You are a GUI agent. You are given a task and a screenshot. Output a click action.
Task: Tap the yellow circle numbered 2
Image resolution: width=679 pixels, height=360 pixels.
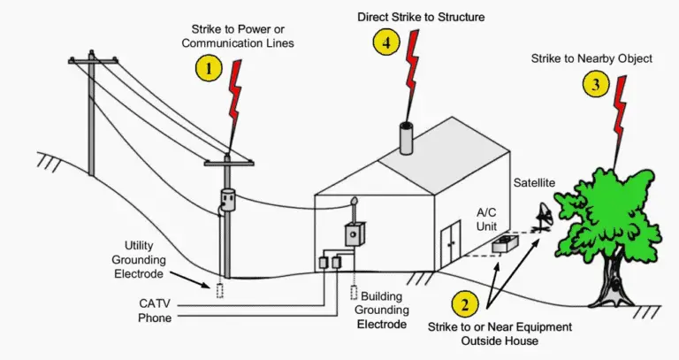464,305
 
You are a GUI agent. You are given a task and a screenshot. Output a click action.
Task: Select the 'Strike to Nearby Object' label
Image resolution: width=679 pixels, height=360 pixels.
604,58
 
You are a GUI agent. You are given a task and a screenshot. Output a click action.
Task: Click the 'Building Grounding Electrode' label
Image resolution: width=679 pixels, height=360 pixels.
382,310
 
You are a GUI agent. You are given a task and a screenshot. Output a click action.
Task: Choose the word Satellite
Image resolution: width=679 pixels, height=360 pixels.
535,182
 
